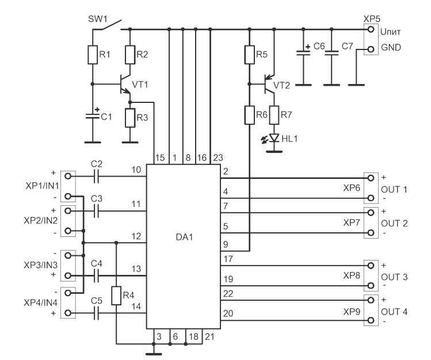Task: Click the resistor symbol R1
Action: click(93, 55)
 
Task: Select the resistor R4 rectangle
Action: click(116, 296)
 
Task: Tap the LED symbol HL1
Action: click(274, 138)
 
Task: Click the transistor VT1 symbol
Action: click(125, 84)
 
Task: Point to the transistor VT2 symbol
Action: click(269, 84)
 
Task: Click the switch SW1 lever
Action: click(111, 24)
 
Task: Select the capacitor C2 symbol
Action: click(96, 177)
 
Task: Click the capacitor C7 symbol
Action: click(331, 53)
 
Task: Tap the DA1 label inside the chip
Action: click(184, 237)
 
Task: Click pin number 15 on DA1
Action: click(160, 158)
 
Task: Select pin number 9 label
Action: click(226, 244)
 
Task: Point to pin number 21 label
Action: click(209, 336)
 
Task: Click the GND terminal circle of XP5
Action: click(371, 49)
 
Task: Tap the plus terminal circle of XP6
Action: click(371, 178)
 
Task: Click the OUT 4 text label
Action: click(394, 312)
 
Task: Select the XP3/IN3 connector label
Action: click(41, 265)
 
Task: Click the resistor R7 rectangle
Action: click(274, 115)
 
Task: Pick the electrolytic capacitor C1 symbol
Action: click(93, 115)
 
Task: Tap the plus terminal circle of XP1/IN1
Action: click(68, 176)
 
